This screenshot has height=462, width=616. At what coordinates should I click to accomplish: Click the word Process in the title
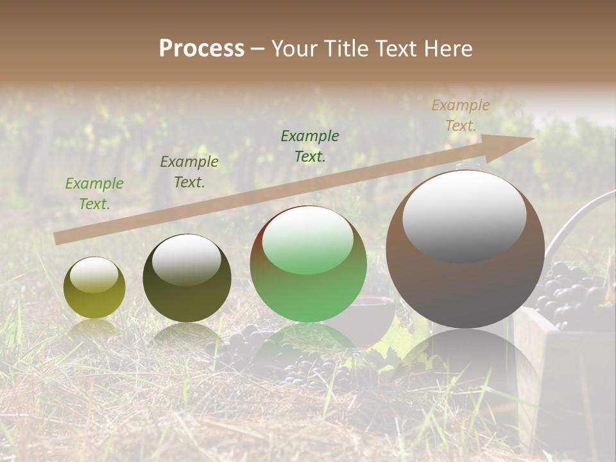(201, 49)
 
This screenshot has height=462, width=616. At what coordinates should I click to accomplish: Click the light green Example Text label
(94, 194)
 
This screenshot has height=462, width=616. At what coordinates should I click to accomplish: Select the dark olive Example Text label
(189, 172)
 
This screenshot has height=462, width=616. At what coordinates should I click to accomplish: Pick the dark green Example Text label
(310, 146)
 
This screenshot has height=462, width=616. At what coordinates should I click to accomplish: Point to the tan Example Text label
(461, 116)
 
